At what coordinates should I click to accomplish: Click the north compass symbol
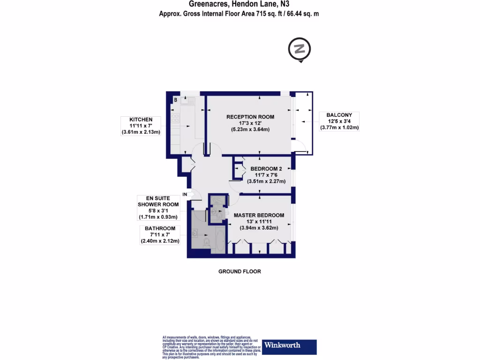[300, 49]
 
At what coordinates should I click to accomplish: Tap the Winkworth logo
[289, 346]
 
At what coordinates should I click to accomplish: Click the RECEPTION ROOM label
[250, 117]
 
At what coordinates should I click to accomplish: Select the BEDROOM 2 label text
[266, 169]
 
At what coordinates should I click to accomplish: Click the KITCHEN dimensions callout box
[141, 126]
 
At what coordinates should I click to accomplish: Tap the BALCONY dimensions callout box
[339, 121]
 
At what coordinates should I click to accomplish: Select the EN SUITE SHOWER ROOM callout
[158, 207]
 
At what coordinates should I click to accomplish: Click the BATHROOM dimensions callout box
[160, 235]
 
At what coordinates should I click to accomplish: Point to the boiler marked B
[176, 100]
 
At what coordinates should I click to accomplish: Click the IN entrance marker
[185, 194]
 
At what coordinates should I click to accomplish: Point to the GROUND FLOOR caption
[240, 271]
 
